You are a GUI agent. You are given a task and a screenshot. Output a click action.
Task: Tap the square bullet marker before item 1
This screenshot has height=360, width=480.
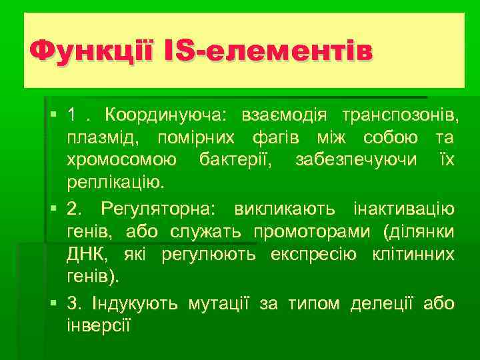(x=53, y=117)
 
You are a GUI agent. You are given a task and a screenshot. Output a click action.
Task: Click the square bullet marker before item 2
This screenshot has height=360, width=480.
(x=53, y=210)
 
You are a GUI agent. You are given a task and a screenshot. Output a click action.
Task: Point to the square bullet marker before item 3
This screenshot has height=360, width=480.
(x=53, y=304)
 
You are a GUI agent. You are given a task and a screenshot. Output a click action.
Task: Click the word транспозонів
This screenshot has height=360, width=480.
(x=400, y=115)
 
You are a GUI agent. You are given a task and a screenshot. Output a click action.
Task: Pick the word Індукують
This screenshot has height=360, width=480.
(x=133, y=303)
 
